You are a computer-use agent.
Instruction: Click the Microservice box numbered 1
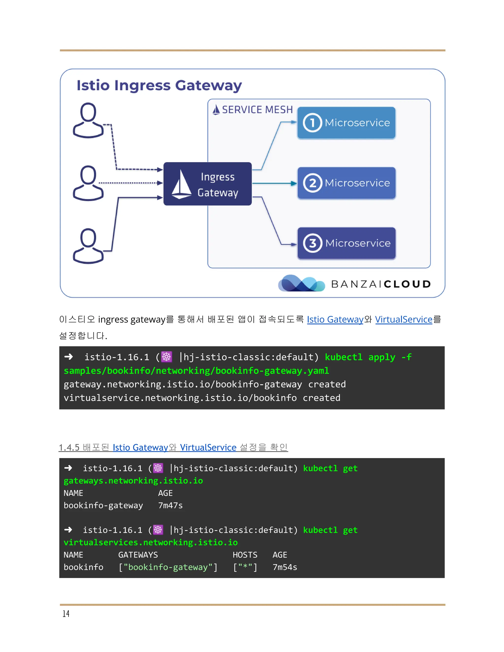(x=346, y=123)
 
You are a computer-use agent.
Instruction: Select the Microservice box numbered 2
(x=346, y=183)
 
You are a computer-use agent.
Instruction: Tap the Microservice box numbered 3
(x=346, y=243)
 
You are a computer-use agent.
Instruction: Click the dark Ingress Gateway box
(x=207, y=184)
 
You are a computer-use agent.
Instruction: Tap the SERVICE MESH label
(x=257, y=110)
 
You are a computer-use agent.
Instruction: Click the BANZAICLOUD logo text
(x=381, y=284)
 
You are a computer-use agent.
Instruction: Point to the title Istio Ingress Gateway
(x=159, y=85)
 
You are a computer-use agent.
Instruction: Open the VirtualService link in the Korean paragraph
(x=404, y=319)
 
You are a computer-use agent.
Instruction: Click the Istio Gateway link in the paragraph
(x=335, y=319)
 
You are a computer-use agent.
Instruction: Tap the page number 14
(x=66, y=613)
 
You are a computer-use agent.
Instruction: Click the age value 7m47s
(x=170, y=505)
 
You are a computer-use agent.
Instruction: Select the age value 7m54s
(x=285, y=567)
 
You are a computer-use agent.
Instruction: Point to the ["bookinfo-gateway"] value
(x=168, y=567)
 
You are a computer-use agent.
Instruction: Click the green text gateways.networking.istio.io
(x=133, y=481)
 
